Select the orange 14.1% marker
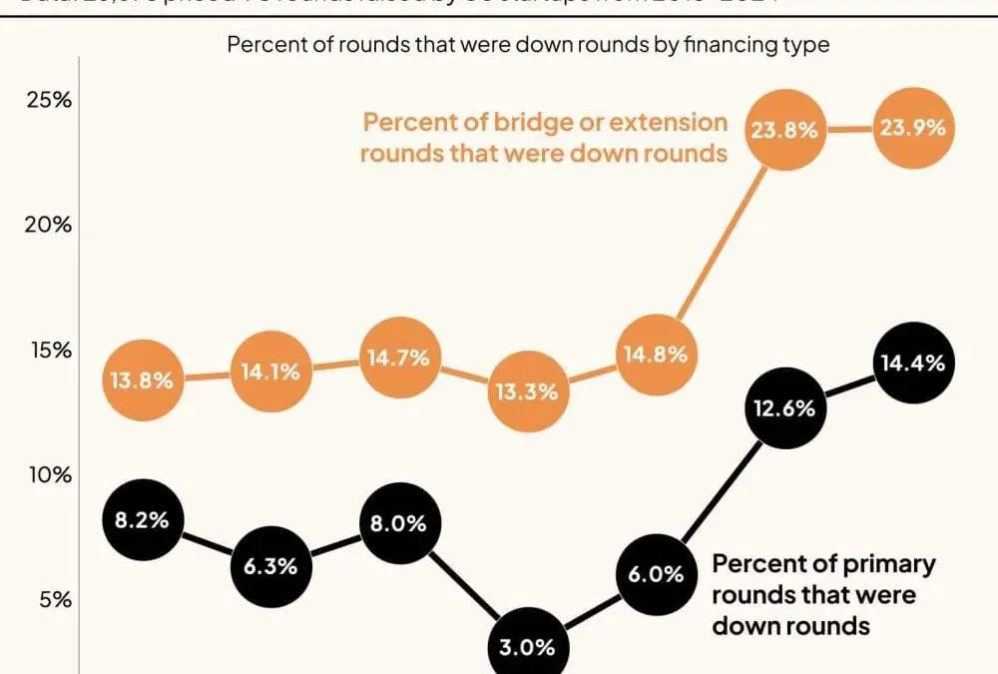tap(270, 372)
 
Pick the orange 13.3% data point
tap(526, 391)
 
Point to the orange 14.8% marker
tap(654, 354)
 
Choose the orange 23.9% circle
tap(909, 129)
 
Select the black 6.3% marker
tap(270, 566)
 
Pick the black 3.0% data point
tap(526, 646)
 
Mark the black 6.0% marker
tap(656, 574)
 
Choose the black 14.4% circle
tap(909, 363)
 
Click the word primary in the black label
tap(887, 564)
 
